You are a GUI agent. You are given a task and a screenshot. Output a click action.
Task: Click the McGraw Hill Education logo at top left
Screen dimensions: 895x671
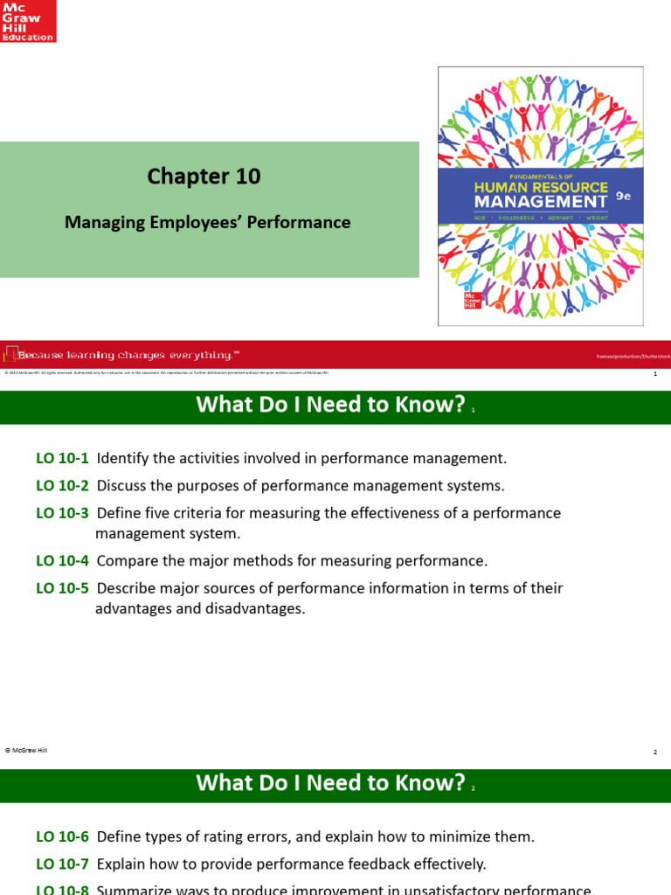tap(28, 22)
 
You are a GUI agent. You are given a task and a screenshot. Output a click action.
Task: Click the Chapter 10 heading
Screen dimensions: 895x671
tap(204, 176)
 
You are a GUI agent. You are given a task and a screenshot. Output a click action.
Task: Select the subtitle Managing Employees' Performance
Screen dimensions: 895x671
tap(208, 222)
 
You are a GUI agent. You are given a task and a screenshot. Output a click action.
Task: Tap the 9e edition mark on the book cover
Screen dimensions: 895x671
tap(622, 198)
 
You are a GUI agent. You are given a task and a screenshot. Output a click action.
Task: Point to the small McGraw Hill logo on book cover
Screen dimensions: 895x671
tap(473, 301)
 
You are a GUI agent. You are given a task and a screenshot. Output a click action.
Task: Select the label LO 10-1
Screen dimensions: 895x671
tap(62, 458)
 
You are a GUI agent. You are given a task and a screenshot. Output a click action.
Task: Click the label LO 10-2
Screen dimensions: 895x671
tap(62, 485)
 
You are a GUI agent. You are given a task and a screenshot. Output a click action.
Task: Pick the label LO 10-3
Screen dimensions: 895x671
tap(62, 513)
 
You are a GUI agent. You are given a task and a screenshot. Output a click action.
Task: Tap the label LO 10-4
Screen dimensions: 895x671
tap(62, 560)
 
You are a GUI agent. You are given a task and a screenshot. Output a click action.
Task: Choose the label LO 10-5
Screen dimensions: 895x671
tap(62, 588)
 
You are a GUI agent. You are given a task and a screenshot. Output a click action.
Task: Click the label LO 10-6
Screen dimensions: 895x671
tap(62, 836)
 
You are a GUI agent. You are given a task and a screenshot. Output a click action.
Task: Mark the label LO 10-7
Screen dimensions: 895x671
tap(62, 864)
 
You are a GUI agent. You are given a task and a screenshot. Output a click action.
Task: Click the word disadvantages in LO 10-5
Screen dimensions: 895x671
tap(260, 608)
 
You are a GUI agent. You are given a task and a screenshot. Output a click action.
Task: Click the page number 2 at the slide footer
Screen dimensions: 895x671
tap(654, 752)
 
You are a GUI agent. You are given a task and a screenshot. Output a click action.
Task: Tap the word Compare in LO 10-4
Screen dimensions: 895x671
tap(125, 560)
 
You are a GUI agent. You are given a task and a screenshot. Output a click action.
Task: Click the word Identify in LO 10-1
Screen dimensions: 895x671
tap(121, 458)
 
